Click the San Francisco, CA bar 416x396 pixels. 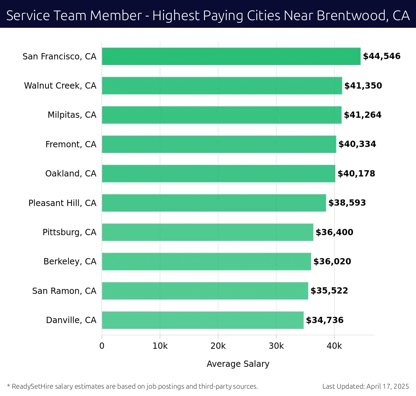231,56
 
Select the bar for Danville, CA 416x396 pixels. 203,320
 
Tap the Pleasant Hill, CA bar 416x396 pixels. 214,203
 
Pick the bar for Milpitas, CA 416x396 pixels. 222,115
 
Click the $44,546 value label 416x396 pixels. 382,56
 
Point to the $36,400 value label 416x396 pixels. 334,232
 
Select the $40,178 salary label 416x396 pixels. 356,174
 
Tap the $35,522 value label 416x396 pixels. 329,291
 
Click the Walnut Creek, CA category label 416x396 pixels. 60,86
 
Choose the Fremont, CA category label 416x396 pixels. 71,144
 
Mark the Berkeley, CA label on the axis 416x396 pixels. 70,262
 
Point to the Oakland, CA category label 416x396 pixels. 71,174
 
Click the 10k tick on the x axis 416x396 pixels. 160,346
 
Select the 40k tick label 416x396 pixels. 334,346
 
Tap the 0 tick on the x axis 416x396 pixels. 102,346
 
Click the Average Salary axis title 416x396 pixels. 238,364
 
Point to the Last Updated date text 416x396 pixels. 365,386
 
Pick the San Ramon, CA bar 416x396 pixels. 205,291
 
